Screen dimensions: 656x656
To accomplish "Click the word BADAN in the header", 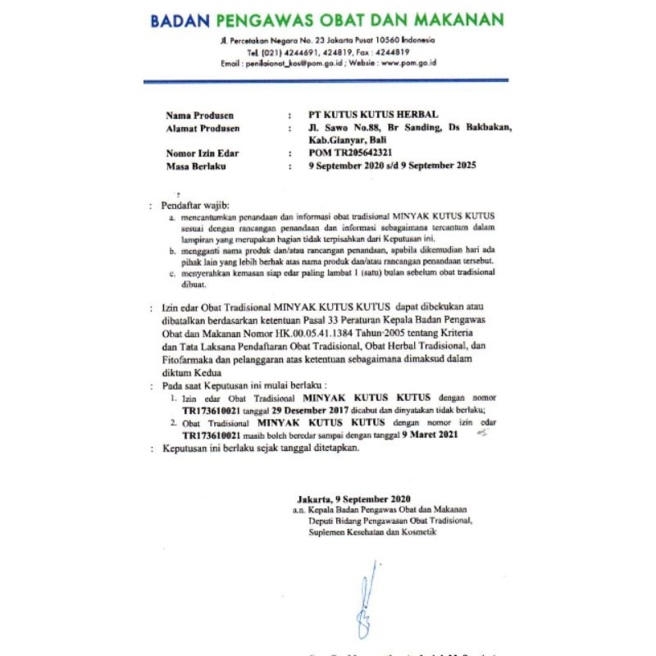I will (x=180, y=20).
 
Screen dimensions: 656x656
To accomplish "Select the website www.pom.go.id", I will (x=408, y=62).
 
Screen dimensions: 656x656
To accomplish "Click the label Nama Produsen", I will (x=199, y=115).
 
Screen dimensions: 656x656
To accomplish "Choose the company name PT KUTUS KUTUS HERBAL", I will (x=362, y=115).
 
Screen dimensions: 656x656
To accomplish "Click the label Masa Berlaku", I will (x=195, y=166).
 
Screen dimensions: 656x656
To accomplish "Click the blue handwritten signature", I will (x=366, y=599).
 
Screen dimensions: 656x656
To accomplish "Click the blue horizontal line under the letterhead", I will (x=326, y=80).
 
